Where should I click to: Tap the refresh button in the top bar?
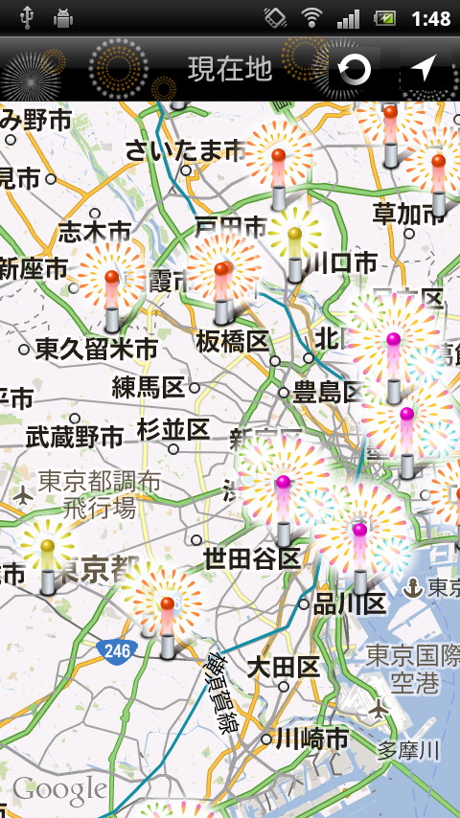pyautogui.click(x=355, y=69)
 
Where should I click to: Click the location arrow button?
pyautogui.click(x=424, y=69)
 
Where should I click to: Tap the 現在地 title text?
pyautogui.click(x=230, y=69)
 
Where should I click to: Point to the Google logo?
pyautogui.click(x=59, y=789)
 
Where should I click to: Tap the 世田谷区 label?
pyautogui.click(x=252, y=558)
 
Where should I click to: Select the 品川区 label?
pyautogui.click(x=350, y=603)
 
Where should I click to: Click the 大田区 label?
pyautogui.click(x=284, y=667)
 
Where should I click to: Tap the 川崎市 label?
pyautogui.click(x=311, y=738)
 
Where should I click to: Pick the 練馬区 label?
pyautogui.click(x=148, y=387)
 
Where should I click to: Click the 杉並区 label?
pyautogui.click(x=172, y=429)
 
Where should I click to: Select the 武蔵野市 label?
pyautogui.click(x=75, y=438)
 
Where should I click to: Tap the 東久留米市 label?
pyautogui.click(x=97, y=349)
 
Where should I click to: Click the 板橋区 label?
pyautogui.click(x=233, y=341)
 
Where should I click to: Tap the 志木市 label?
pyautogui.click(x=94, y=231)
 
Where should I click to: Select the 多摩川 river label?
pyautogui.click(x=407, y=749)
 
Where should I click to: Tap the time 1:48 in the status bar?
pyautogui.click(x=430, y=18)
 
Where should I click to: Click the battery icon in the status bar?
pyautogui.click(x=386, y=18)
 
